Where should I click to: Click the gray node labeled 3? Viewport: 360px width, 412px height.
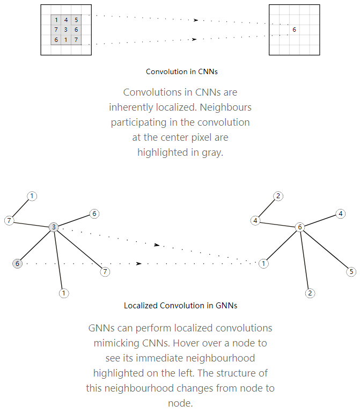click(54, 227)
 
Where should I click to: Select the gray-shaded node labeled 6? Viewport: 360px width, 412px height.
click(17, 263)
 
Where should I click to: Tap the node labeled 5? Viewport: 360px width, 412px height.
click(351, 272)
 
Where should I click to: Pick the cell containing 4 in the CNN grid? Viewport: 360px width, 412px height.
click(66, 20)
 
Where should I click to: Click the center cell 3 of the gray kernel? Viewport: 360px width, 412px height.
click(66, 30)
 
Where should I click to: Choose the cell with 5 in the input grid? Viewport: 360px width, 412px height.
click(76, 20)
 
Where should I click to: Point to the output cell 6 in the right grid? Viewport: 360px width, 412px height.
click(294, 30)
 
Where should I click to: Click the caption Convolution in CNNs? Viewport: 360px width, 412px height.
click(181, 71)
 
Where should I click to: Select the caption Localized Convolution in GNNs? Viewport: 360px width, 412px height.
click(180, 306)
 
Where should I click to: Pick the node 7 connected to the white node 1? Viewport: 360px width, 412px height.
click(9, 220)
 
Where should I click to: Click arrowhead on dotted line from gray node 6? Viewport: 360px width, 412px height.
click(139, 264)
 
